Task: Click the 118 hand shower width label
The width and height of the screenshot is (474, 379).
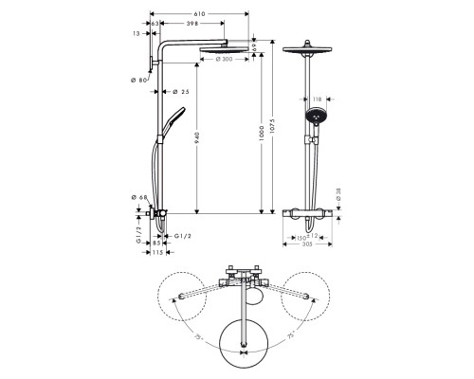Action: (x=317, y=98)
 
